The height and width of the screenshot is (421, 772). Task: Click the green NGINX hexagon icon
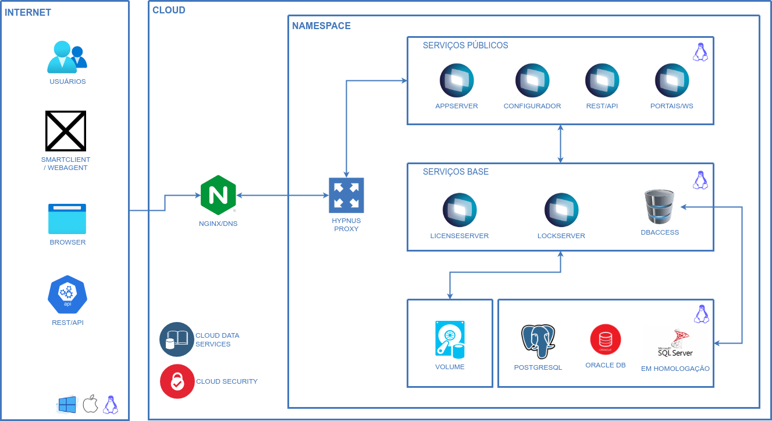pos(218,196)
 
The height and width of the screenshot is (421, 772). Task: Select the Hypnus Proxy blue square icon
pos(346,194)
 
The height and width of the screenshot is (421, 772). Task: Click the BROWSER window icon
pos(67,219)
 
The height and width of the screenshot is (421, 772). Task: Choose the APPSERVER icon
pos(457,80)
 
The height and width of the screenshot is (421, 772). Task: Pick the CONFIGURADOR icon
pos(532,80)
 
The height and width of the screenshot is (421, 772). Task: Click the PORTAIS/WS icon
pos(672,80)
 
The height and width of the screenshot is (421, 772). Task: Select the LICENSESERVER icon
pos(460,210)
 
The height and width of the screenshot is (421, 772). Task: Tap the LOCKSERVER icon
pos(561,210)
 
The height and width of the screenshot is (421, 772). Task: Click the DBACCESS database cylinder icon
pos(660,206)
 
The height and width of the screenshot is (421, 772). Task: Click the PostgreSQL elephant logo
pos(538,341)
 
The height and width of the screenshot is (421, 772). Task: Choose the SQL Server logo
pos(675,342)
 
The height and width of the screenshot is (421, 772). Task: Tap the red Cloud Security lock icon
pos(177,381)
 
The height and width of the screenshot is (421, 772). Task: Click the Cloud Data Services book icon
pos(177,339)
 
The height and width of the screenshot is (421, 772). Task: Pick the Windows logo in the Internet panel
pos(67,405)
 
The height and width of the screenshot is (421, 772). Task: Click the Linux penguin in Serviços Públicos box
pos(700,52)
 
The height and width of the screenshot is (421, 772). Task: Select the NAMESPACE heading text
pos(321,26)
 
